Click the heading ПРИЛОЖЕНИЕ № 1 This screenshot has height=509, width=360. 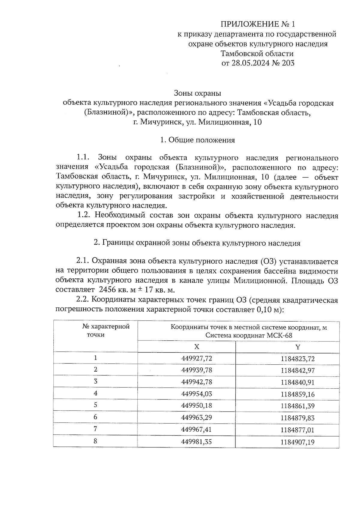[x=258, y=24]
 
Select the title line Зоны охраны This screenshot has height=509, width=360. [x=197, y=93]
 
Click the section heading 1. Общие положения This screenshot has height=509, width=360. [x=197, y=140]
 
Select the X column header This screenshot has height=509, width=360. [x=197, y=347]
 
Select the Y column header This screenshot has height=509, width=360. [x=298, y=347]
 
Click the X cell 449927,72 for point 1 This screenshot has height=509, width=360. [x=196, y=358]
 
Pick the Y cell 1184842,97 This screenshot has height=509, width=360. [x=298, y=370]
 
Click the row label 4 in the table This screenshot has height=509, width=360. [x=95, y=393]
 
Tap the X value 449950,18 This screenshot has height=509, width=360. [x=196, y=406]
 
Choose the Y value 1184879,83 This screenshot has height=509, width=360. [x=298, y=418]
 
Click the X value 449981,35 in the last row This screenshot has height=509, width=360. [x=196, y=442]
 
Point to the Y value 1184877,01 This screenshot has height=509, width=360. [x=298, y=430]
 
